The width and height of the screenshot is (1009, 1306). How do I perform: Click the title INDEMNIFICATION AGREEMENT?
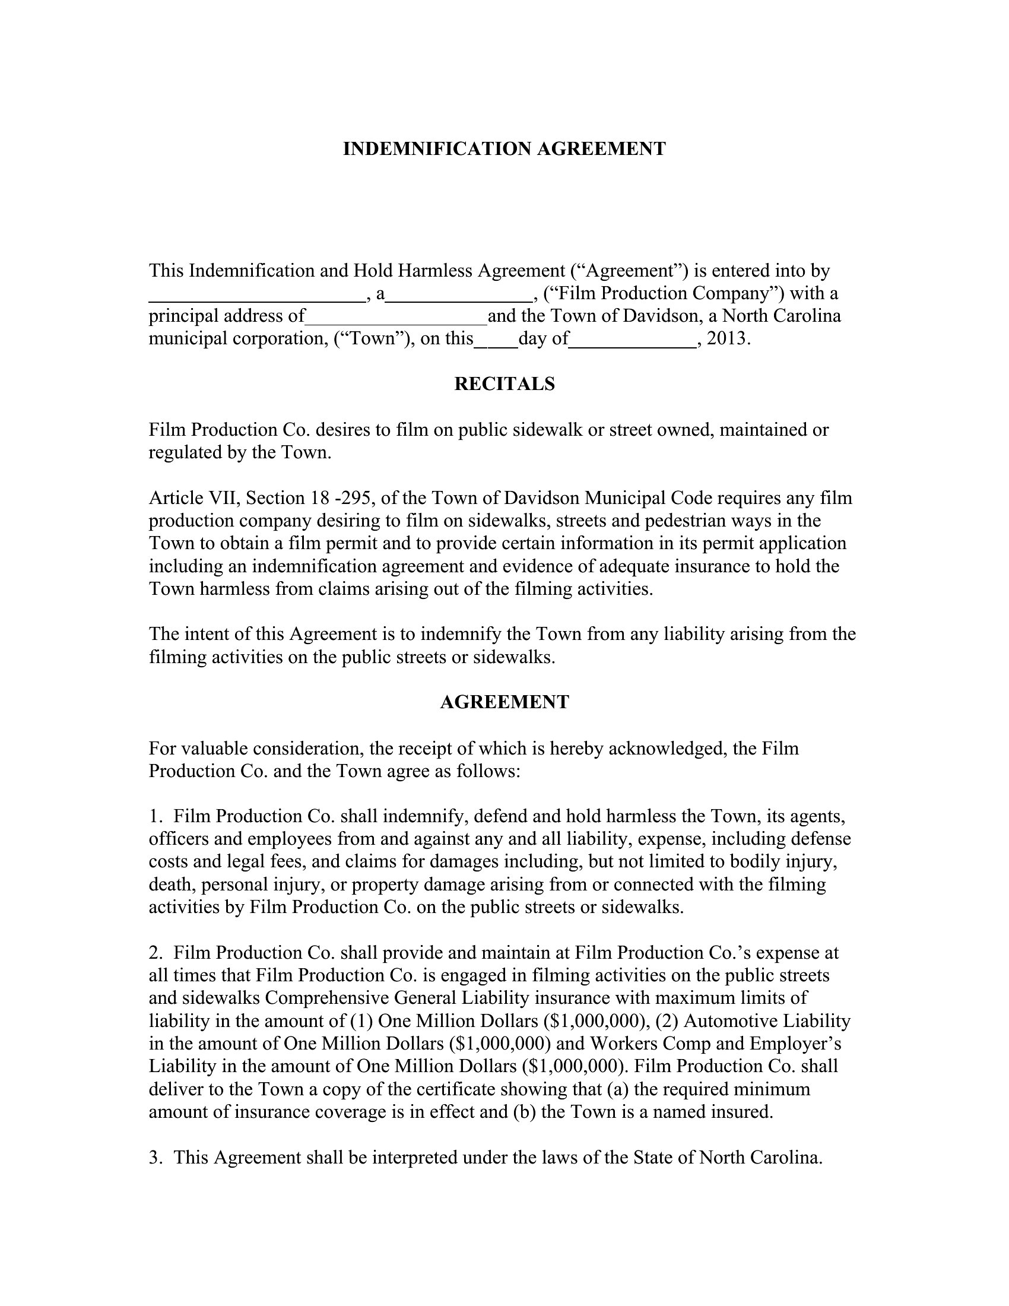(504, 149)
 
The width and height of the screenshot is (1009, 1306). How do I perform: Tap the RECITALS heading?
(504, 384)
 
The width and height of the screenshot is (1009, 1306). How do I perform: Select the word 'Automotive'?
(733, 1021)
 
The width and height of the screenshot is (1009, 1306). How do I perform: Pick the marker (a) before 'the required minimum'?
(617, 1089)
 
